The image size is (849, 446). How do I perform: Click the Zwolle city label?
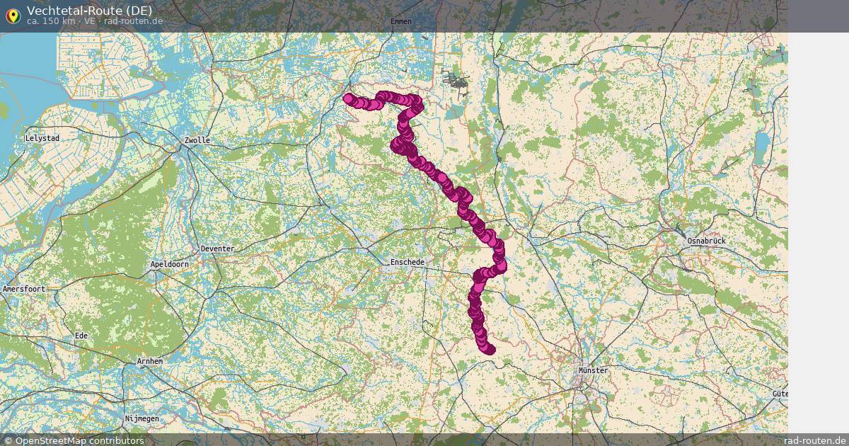click(x=197, y=140)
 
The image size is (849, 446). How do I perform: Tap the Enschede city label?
click(x=408, y=263)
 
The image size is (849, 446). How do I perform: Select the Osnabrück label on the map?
click(x=706, y=241)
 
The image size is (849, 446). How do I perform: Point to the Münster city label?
click(x=593, y=370)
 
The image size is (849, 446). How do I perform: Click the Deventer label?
click(x=217, y=249)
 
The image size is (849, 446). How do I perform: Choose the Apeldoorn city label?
click(x=170, y=264)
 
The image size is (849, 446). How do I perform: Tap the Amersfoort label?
click(x=24, y=290)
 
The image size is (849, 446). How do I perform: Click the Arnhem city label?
click(x=149, y=361)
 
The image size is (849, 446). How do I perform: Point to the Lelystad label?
click(x=42, y=138)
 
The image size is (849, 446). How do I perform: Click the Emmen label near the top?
click(x=400, y=21)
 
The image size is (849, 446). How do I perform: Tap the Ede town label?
click(x=81, y=335)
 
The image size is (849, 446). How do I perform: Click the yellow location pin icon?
click(x=12, y=16)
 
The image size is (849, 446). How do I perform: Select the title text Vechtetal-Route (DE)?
click(x=89, y=11)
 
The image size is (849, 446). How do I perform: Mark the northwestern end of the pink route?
click(x=348, y=98)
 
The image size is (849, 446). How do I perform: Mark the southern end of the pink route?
click(x=490, y=350)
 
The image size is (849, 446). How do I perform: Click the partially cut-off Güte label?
click(x=780, y=394)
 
